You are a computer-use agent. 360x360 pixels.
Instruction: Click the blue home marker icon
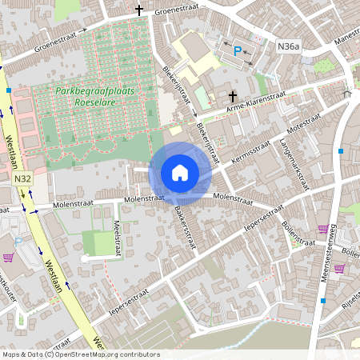(180, 173)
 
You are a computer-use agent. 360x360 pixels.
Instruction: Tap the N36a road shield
(288, 48)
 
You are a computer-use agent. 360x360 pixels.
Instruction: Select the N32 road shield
(22, 180)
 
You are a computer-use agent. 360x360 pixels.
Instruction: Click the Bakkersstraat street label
(183, 226)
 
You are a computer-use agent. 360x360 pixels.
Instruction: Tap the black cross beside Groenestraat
(139, 10)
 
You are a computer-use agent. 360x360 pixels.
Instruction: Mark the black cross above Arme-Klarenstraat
(232, 94)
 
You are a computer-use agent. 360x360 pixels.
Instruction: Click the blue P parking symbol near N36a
(237, 50)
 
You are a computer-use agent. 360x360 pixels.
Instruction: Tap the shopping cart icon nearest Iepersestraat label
(323, 229)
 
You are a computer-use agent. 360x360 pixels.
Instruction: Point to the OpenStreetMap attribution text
(80, 354)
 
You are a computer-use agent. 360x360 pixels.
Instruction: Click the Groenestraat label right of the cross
(175, 11)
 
